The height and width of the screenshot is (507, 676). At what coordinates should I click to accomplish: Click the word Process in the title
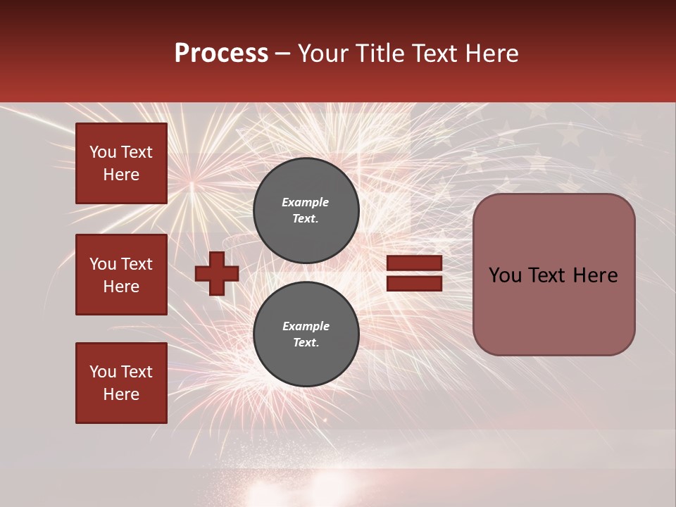tap(221, 54)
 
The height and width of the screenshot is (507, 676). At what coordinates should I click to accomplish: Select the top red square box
tap(121, 163)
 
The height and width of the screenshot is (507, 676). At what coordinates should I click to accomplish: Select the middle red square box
tap(121, 275)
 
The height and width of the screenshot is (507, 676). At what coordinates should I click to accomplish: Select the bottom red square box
tap(121, 383)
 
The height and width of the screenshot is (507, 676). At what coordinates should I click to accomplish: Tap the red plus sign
tap(217, 273)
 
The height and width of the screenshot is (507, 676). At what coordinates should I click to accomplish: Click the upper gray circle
tap(306, 211)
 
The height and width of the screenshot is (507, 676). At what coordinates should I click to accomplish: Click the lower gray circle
tap(306, 334)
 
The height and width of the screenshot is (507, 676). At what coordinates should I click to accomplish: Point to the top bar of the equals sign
tap(414, 263)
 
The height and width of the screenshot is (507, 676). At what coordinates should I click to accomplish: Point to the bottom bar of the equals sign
tap(414, 283)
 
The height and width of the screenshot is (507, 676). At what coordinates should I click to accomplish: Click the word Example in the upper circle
tap(306, 202)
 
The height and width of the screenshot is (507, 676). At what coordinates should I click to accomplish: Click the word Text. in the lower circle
tap(306, 343)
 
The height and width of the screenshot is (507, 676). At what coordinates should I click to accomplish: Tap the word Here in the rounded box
tap(595, 275)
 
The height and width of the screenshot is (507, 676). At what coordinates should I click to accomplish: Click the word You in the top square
tap(103, 152)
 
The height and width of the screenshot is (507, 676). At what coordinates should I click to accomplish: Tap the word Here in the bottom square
tap(121, 394)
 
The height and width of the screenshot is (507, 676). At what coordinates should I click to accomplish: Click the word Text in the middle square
tap(137, 264)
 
